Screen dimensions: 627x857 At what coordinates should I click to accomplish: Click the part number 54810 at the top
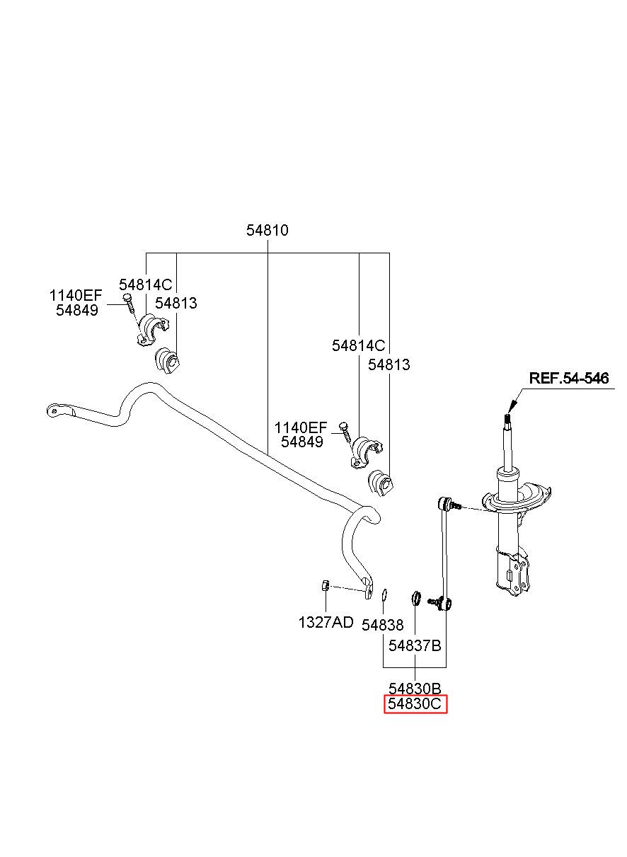coord(267,230)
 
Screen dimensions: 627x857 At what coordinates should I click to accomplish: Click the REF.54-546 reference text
coord(569,378)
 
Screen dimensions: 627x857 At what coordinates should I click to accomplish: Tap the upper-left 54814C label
coord(146,284)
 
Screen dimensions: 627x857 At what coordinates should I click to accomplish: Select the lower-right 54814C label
coord(359,346)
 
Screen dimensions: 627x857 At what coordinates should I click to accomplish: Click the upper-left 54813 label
coord(176,303)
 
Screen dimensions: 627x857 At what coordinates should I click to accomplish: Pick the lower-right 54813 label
coord(389,364)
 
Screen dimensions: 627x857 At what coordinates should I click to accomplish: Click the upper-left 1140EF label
coord(76,295)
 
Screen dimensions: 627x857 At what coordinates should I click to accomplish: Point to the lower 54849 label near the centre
coord(302,442)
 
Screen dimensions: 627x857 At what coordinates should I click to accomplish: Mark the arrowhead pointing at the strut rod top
coord(513,406)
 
